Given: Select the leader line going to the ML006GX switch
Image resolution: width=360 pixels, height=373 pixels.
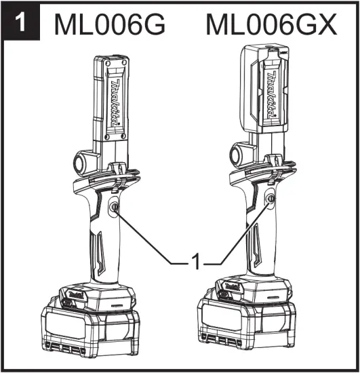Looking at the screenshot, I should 241,234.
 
